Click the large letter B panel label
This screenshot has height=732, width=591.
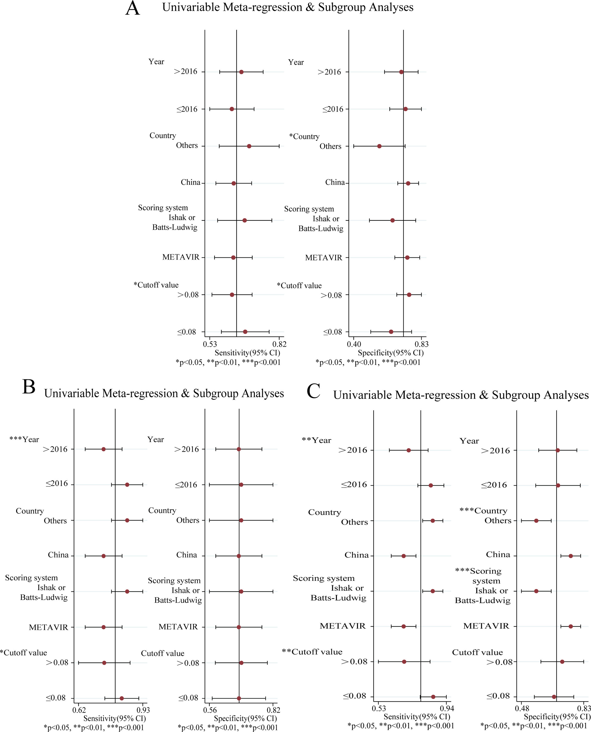29,387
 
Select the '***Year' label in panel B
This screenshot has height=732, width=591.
24,440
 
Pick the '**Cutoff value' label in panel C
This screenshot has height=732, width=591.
312,652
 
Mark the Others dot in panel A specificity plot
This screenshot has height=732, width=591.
379,146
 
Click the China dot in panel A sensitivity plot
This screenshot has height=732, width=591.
234,183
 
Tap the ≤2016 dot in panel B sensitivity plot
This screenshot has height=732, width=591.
127,484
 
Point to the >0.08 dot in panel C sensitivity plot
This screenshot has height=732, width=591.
404,662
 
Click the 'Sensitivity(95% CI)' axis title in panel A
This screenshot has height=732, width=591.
247,353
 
